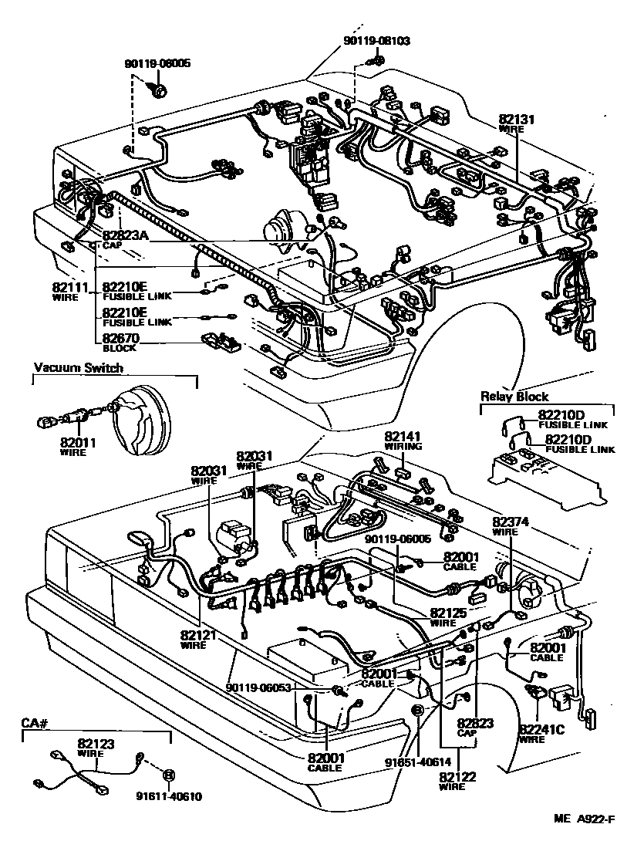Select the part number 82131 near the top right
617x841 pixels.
516,120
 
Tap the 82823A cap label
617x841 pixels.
124,235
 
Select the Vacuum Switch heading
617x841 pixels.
78,368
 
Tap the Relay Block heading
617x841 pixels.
514,397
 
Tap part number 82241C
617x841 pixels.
542,728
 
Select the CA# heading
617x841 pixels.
35,723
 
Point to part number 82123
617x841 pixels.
95,745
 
